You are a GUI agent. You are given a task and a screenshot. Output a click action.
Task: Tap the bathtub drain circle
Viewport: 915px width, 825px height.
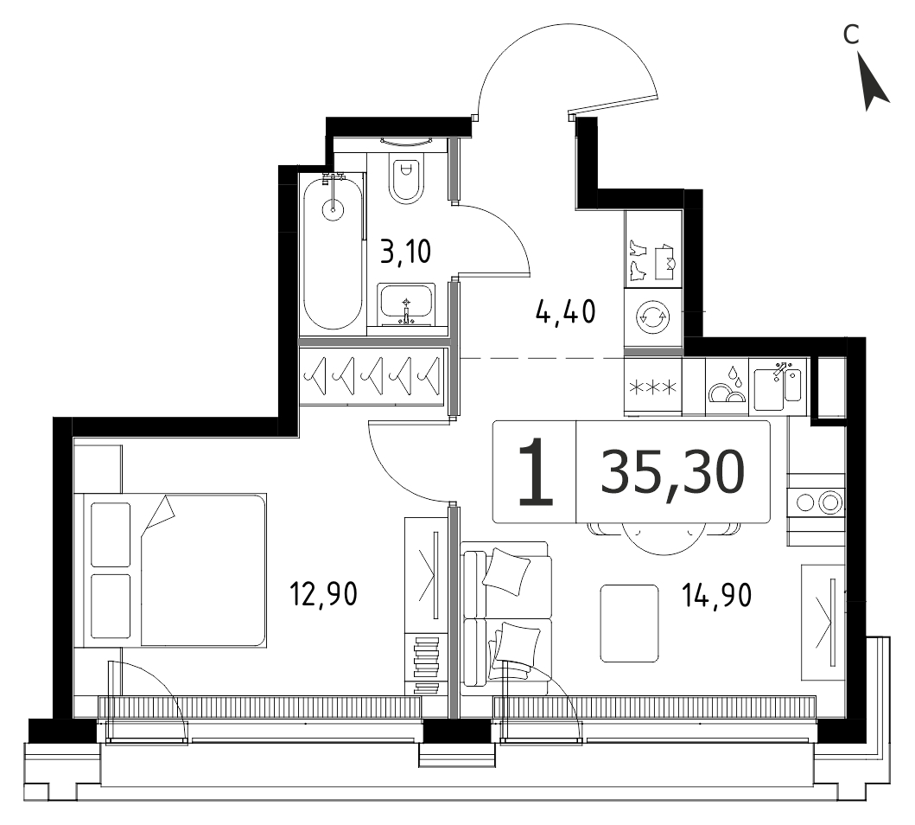[x=334, y=208]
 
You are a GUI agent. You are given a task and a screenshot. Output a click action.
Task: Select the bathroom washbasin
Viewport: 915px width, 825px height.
[x=406, y=304]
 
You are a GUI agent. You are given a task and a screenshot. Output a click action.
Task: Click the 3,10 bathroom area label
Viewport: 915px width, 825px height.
[x=405, y=252]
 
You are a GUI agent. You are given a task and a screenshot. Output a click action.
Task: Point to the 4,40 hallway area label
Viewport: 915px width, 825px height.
[x=565, y=311]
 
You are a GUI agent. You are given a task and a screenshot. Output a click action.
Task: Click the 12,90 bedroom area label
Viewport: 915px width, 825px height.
[x=323, y=594]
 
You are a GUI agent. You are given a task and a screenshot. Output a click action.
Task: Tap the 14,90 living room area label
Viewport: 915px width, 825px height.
[x=716, y=595]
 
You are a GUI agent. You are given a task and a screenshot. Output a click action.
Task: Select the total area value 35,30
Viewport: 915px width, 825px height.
[x=672, y=470]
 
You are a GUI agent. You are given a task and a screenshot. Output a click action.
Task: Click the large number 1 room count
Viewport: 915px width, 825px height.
[x=535, y=471]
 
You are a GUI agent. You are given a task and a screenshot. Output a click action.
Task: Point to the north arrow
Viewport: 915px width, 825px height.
[x=873, y=82]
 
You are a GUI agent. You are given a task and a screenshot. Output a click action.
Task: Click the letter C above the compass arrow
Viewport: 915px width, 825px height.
[x=851, y=35]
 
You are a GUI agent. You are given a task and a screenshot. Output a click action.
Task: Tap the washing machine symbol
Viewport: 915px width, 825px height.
[x=652, y=317]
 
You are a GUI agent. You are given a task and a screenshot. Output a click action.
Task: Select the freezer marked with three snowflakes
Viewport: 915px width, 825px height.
[x=652, y=387]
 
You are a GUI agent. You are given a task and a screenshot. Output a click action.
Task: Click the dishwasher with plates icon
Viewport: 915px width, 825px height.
[x=727, y=387]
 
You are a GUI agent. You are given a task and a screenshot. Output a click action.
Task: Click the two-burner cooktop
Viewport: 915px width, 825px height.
[x=816, y=502]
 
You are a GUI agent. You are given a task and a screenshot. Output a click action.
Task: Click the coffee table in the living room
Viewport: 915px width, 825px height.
[x=629, y=624]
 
